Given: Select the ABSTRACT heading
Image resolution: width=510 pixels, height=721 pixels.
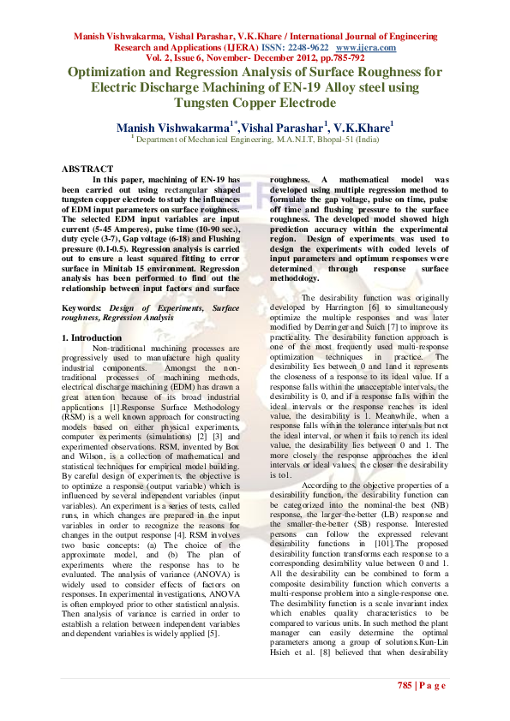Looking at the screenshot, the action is click(88, 169).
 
